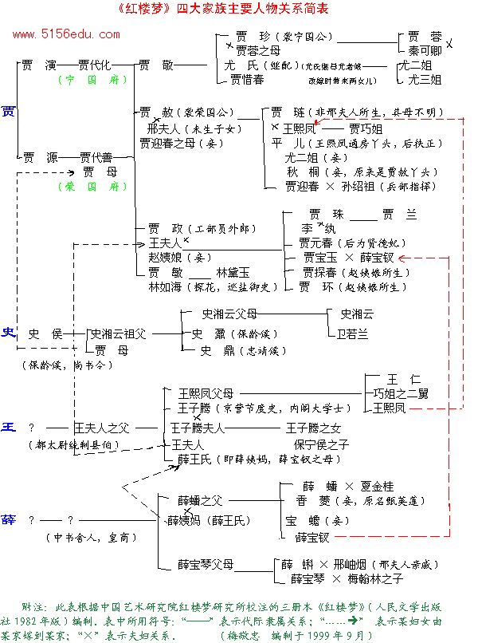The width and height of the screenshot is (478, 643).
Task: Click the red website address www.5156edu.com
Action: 66,34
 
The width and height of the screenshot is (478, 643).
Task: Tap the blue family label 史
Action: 9,333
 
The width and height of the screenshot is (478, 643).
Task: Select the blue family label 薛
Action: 9,519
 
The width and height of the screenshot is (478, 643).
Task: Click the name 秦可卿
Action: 425,50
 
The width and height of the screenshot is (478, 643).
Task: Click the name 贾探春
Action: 316,272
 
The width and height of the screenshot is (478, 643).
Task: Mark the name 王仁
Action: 404,378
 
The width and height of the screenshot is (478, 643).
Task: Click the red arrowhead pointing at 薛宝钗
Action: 402,258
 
